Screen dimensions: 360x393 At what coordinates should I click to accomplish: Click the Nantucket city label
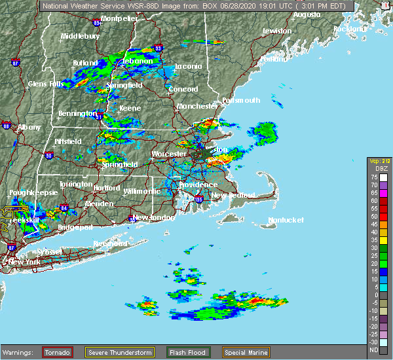pos(286,220)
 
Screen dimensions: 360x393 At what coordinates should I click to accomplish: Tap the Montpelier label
pos(119,18)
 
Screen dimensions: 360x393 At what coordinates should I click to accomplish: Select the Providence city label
pos(198,185)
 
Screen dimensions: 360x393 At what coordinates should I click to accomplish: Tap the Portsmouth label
pos(241,100)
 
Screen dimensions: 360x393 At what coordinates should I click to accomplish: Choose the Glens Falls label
pos(46,84)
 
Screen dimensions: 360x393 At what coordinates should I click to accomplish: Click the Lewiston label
pos(276,31)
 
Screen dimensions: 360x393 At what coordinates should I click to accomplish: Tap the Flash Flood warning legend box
pos(188,352)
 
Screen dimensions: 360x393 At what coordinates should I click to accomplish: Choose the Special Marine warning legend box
pos(249,352)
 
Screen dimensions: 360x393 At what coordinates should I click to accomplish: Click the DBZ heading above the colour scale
pos(375,168)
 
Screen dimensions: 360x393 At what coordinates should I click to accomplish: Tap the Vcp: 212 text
pos(379,160)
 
